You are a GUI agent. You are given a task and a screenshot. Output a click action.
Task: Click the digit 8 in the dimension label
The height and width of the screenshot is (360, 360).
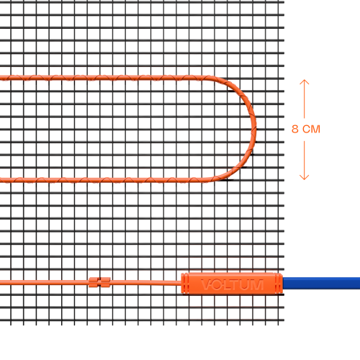click(x=295, y=129)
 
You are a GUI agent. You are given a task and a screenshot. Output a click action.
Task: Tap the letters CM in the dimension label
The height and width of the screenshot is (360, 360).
click(x=311, y=129)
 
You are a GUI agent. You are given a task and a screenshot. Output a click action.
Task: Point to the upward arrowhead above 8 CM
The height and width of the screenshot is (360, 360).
click(x=304, y=82)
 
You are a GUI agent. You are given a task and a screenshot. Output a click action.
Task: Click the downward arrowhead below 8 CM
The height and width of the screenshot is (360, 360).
click(x=304, y=177)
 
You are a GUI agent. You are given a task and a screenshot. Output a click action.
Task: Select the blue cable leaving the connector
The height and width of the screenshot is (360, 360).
click(x=321, y=283)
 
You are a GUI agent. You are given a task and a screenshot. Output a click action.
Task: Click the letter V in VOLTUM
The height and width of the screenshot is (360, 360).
click(x=206, y=284)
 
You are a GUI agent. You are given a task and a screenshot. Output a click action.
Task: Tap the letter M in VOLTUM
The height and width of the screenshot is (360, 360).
click(x=257, y=284)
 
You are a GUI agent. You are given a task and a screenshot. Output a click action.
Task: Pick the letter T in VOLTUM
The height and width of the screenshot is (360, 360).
click(x=235, y=284)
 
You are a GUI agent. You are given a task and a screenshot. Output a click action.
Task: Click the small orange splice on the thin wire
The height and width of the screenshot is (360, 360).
click(x=99, y=282)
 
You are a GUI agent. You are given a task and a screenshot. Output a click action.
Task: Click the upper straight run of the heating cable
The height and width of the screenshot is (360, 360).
click(x=103, y=78)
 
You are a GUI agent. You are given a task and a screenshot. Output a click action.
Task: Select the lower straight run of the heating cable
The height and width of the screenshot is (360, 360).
click(x=103, y=180)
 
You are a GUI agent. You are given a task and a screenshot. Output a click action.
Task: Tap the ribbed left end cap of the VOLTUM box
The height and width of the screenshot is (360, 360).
click(x=185, y=283)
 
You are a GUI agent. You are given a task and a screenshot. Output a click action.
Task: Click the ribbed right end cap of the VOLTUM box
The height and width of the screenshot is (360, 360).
click(x=279, y=283)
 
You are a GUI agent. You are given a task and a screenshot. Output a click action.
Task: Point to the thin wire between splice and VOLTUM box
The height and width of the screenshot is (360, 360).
click(x=145, y=283)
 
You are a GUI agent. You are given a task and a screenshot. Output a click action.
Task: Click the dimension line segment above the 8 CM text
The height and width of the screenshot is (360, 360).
click(x=304, y=99)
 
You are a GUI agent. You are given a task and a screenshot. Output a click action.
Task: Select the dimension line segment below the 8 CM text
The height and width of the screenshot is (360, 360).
click(x=304, y=161)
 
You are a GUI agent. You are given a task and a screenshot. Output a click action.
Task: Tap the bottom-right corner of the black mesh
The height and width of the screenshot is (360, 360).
click(x=284, y=325)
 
